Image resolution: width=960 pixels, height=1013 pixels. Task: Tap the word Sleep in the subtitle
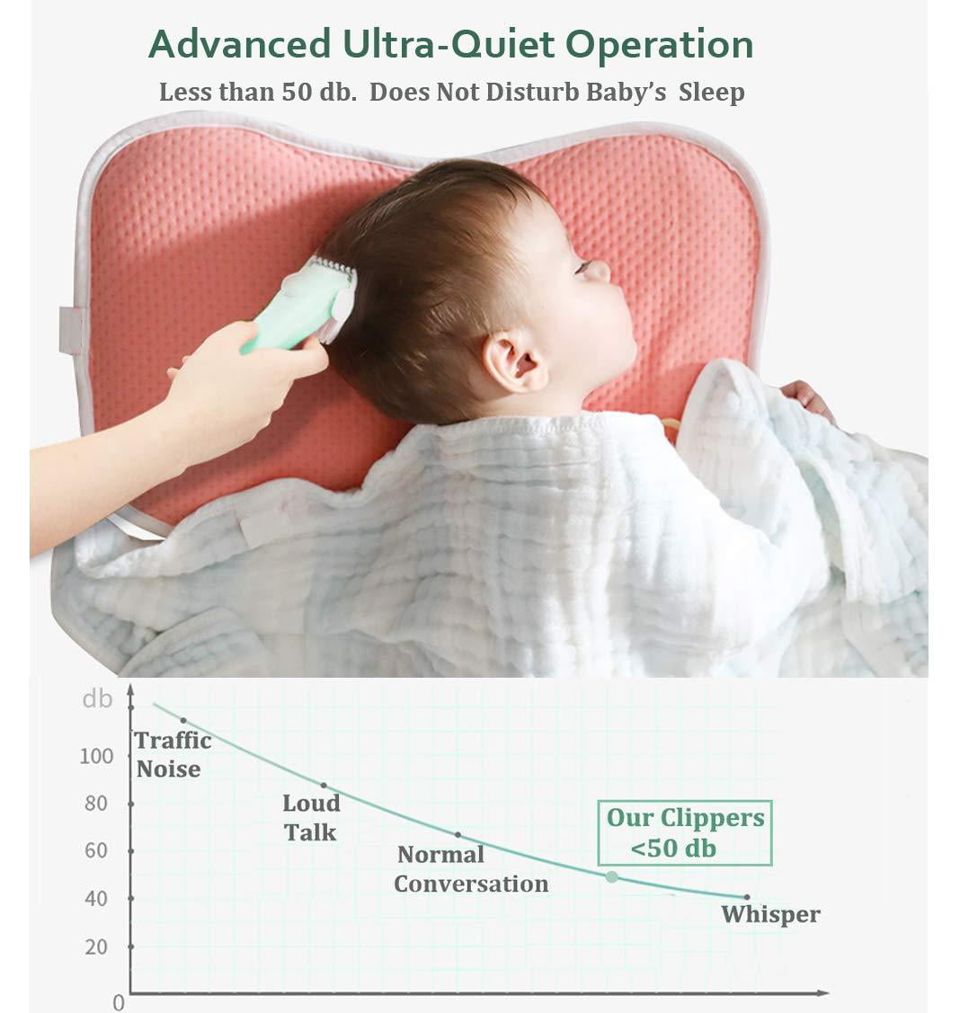coord(712,93)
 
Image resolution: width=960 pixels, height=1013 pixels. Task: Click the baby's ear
coord(514,360)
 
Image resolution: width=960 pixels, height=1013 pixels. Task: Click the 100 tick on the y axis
coord(97,756)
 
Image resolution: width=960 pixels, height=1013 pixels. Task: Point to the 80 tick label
coord(96,804)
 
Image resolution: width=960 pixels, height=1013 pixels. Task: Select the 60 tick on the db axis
coord(96,850)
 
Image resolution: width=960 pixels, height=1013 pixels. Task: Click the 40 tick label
coord(96,898)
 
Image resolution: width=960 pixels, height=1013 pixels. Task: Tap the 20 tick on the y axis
coord(96,946)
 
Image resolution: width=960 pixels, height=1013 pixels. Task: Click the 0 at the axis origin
coord(119,1001)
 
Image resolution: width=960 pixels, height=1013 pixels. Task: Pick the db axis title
coord(97,698)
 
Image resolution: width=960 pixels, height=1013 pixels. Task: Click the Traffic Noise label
coord(173,754)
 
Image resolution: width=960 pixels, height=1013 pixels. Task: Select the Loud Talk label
coord(311,817)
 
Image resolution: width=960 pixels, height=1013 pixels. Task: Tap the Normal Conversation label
coord(470,869)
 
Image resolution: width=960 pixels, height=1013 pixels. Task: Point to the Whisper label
coord(770,915)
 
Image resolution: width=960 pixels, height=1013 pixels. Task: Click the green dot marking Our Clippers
coord(611,876)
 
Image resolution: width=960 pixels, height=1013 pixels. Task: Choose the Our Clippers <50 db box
coord(685,832)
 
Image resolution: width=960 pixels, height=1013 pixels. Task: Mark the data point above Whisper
coord(746,897)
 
